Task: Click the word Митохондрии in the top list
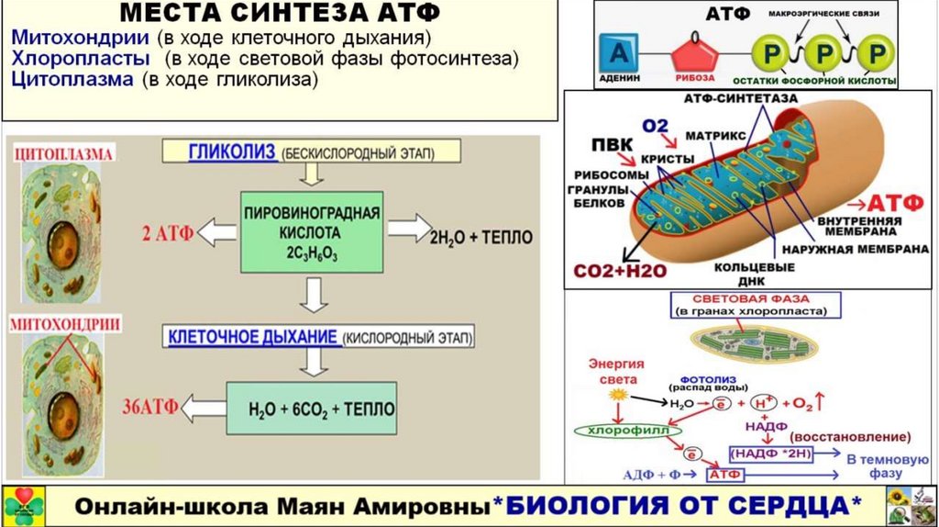(x=80, y=39)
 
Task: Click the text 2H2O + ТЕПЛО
(x=481, y=238)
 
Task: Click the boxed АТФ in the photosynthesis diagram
(x=724, y=475)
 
